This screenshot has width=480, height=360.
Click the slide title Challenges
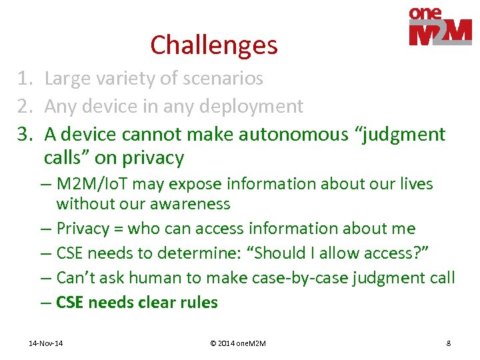tap(214, 45)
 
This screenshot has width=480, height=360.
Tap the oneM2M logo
tap(440, 27)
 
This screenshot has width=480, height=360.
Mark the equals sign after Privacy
tap(118, 229)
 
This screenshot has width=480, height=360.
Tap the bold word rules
tap(198, 303)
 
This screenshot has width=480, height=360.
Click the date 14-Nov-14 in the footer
tap(46, 343)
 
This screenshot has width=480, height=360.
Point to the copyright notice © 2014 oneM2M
tap(237, 343)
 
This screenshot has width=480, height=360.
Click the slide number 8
tap(448, 343)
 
